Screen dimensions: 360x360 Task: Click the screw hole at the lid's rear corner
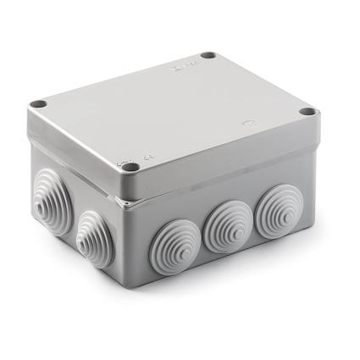pyautogui.click(x=208, y=57)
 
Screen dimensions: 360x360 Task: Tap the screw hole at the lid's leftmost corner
pyautogui.click(x=37, y=105)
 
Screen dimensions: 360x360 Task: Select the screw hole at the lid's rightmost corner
pyautogui.click(x=307, y=112)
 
